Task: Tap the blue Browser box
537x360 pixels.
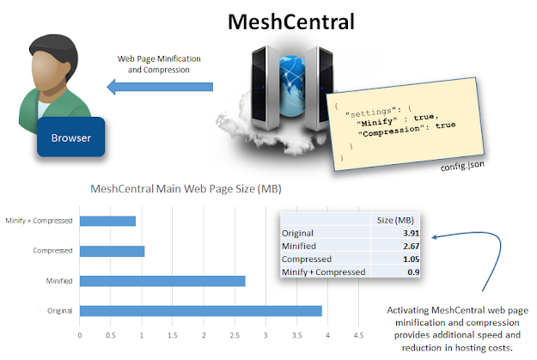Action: click(x=70, y=137)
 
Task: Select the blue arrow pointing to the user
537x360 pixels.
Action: click(x=158, y=87)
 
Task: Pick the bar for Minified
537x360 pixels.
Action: click(x=162, y=280)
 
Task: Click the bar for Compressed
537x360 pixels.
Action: click(x=112, y=251)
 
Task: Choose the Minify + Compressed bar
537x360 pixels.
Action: click(x=107, y=221)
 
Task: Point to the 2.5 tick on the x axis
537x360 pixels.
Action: click(x=235, y=336)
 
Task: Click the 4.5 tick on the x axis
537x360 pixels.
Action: click(x=358, y=336)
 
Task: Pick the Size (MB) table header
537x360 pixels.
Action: click(x=396, y=219)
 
